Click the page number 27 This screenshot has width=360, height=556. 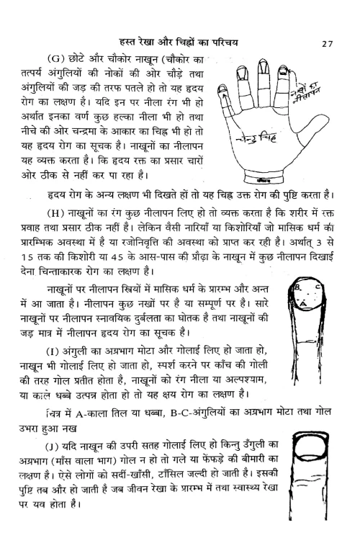click(327, 45)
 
